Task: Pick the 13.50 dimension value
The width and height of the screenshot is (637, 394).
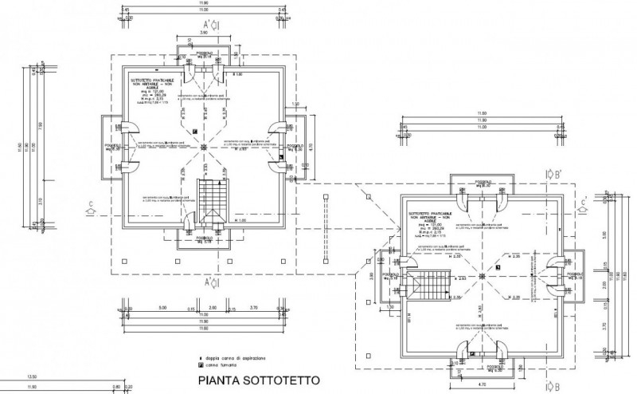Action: [x=33, y=376]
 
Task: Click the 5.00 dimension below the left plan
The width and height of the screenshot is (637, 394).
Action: [x=161, y=306]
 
